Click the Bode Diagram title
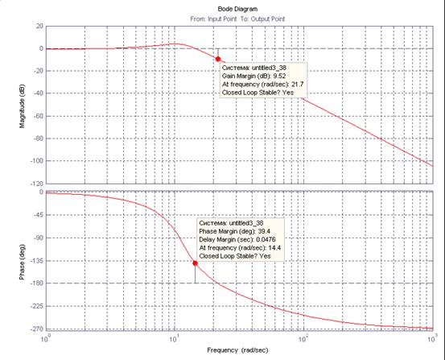(237, 9)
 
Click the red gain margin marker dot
(218, 59)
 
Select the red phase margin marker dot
(195, 263)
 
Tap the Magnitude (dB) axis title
(23, 106)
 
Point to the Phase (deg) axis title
(23, 262)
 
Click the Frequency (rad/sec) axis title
(237, 350)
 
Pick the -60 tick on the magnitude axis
(38, 116)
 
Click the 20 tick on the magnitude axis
(39, 26)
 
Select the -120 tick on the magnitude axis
(36, 184)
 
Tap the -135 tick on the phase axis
(37, 261)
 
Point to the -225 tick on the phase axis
(37, 306)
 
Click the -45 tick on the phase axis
(39, 215)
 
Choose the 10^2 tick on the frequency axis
(303, 339)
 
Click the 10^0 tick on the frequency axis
(46, 339)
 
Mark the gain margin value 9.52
(279, 77)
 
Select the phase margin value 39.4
(264, 231)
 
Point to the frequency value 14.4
(274, 248)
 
